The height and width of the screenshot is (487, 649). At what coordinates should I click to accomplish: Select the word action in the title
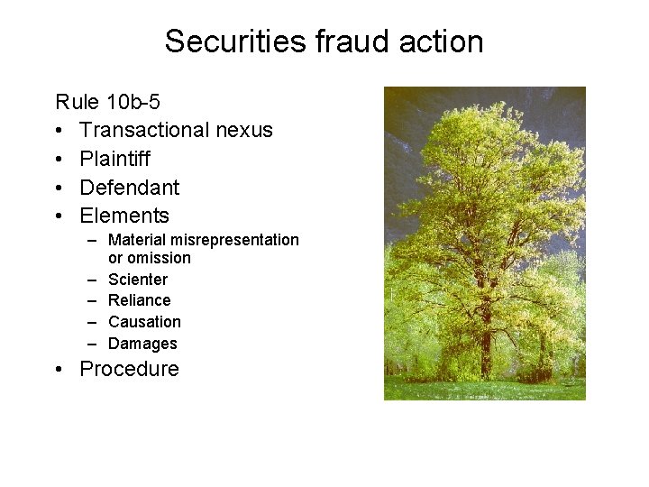(441, 41)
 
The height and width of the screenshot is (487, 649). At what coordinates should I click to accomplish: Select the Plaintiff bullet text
(114, 159)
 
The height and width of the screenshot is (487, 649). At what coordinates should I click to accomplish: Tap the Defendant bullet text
(129, 188)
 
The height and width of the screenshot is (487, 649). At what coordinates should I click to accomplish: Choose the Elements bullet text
(124, 216)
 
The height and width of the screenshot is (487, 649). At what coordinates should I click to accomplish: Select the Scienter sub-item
(137, 280)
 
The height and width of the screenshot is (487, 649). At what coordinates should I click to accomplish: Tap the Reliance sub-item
(139, 300)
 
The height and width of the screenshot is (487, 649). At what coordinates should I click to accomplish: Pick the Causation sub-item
(144, 322)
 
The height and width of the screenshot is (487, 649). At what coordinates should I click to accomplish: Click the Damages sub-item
(142, 344)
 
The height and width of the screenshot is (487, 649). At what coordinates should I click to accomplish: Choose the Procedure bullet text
(129, 369)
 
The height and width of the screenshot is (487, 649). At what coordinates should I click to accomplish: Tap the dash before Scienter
(92, 280)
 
